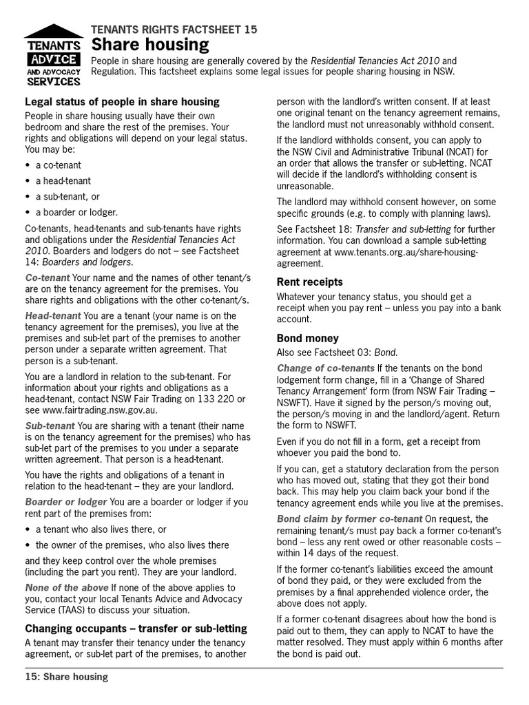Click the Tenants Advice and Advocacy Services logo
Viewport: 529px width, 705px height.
pos(54,55)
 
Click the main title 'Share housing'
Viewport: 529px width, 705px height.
pos(151,45)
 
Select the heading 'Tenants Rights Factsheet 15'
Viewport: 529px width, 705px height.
pos(174,29)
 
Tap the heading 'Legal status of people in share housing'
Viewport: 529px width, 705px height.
pos(122,102)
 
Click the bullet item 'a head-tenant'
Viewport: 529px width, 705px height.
pos(63,180)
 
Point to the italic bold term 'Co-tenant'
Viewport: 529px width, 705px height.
pos(48,277)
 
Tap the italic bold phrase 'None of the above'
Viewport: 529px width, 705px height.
pos(67,587)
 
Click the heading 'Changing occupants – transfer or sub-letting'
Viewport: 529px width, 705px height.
pos(136,629)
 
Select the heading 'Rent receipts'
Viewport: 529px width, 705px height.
pos(309,282)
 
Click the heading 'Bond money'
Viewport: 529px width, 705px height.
pos(307,338)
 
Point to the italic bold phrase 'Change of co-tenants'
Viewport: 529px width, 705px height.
pos(325,368)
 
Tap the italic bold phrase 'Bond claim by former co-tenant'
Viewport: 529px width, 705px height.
pos(349,518)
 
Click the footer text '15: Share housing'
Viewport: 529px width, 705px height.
pos(67,677)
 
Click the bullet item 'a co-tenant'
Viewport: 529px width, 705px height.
pos(58,165)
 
